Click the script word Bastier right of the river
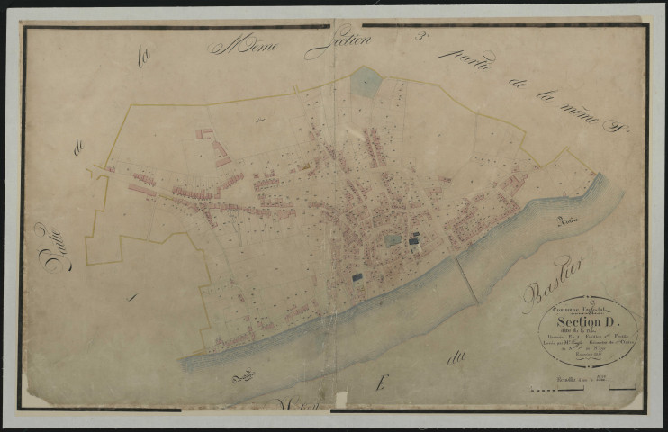point(552,283)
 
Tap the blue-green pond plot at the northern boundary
point(366,82)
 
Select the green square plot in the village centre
point(393,240)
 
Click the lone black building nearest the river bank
point(357,277)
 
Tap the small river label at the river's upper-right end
point(566,220)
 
